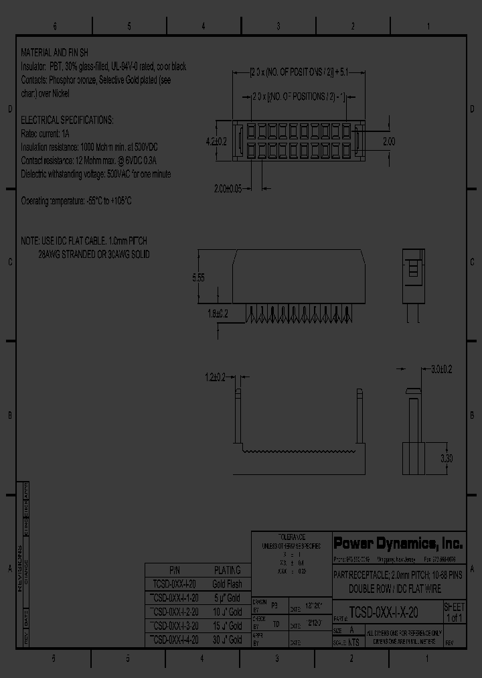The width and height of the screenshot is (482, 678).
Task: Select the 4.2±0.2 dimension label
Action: tap(216, 141)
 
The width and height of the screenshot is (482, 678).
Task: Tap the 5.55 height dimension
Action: tap(199, 277)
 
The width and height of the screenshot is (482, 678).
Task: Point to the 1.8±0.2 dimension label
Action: tap(217, 313)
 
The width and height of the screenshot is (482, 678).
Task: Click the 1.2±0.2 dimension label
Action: tap(216, 377)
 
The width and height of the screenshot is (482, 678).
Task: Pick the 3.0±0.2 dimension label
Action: tap(442, 368)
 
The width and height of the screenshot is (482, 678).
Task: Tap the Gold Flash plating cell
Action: tap(227, 584)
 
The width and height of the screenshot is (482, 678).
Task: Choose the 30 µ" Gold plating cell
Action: tap(227, 640)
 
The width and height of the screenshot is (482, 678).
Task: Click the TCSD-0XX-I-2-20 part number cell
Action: tap(174, 612)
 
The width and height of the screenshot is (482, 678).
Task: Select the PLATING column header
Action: tap(227, 570)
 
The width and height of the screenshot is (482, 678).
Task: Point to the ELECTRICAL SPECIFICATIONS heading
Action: tap(67, 120)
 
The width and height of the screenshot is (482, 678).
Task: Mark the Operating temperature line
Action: tap(76, 201)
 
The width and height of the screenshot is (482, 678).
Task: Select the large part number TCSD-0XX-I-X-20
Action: tap(384, 612)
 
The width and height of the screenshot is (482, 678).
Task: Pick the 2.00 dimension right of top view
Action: tap(388, 141)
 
